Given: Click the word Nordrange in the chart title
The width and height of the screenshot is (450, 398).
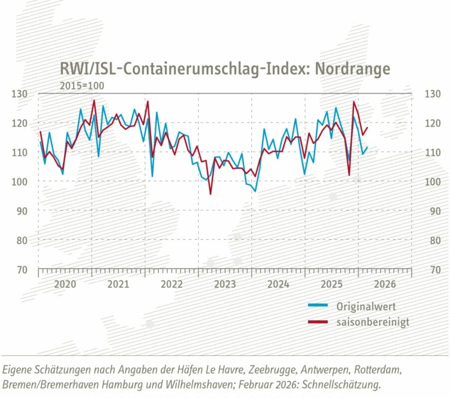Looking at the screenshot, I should (x=352, y=69).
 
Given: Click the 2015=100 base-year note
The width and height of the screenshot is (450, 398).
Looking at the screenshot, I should (x=82, y=85).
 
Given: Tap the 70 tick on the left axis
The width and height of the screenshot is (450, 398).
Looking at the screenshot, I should (x=21, y=270).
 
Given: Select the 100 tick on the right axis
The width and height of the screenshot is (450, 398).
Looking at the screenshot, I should (x=432, y=182).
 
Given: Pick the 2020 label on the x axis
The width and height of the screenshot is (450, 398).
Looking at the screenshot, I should (x=65, y=284).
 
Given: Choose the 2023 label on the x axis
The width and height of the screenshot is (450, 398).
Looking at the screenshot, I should (x=225, y=284).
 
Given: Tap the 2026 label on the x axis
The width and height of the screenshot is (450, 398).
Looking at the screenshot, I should (x=385, y=284).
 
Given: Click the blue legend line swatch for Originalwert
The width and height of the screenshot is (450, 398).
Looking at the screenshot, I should (x=318, y=307).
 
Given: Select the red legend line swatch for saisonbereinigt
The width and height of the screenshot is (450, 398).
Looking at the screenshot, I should (x=318, y=322).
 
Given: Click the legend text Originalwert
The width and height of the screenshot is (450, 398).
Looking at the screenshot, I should (x=366, y=307).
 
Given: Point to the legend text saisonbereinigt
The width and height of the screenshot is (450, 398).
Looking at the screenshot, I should (x=373, y=322).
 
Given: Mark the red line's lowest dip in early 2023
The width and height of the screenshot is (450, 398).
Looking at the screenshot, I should (x=211, y=194).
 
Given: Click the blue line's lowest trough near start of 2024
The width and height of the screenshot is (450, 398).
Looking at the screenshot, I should (x=255, y=191).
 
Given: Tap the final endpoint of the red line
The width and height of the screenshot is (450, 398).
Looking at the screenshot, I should (x=367, y=127).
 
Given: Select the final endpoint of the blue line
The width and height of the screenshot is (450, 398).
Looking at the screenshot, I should (x=367, y=147).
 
